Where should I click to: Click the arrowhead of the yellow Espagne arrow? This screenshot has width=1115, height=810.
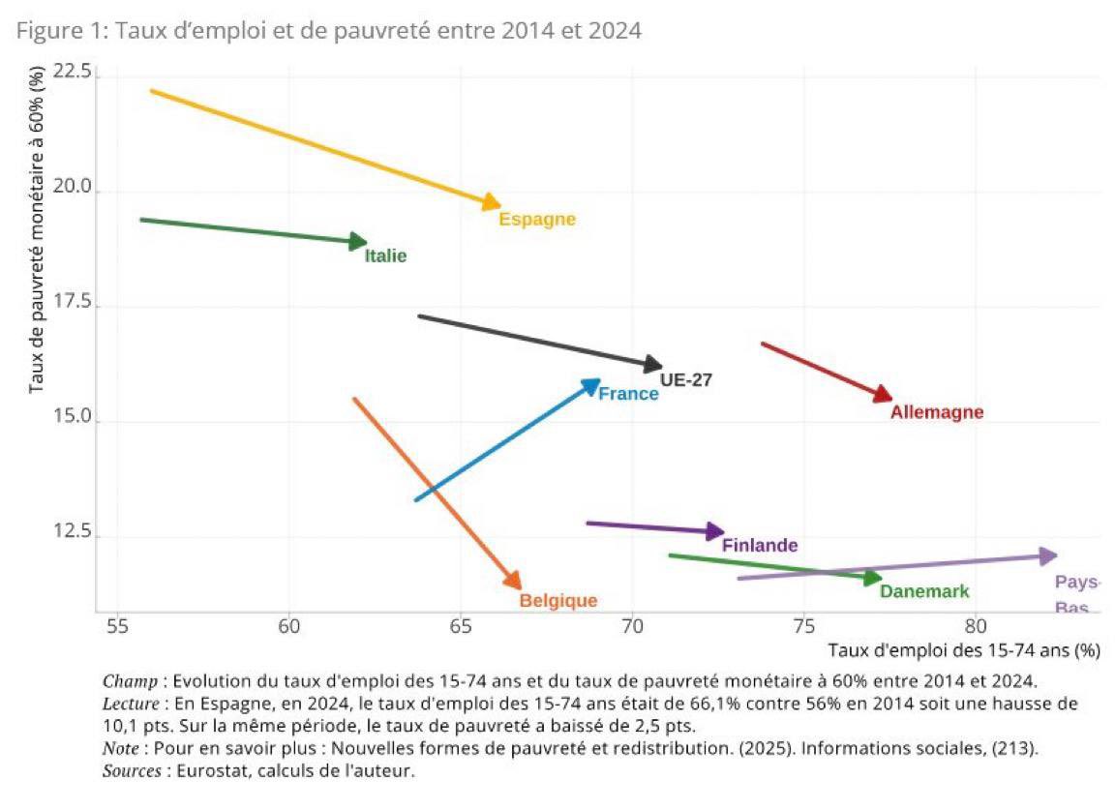click(x=492, y=202)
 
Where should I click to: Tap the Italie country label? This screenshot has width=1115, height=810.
click(x=385, y=256)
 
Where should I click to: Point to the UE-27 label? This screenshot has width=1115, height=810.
click(x=685, y=380)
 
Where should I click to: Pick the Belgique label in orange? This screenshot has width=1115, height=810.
click(x=558, y=601)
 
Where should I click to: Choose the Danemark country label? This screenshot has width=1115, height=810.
click(x=923, y=592)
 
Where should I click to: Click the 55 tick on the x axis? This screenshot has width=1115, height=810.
click(x=117, y=627)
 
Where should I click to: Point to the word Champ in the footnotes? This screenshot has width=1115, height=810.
click(x=125, y=680)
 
